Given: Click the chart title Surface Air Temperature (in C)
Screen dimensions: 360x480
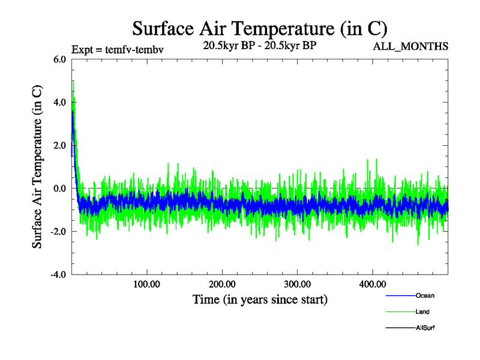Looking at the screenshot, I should (x=259, y=28).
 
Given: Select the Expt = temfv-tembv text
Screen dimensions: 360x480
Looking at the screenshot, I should (x=118, y=50).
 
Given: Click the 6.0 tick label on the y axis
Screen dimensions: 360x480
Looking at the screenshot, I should (x=61, y=59).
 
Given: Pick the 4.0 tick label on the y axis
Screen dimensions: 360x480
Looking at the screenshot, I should (x=61, y=103).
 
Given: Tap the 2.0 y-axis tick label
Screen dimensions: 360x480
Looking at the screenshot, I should (x=61, y=146).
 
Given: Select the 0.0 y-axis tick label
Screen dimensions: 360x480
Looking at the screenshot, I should (x=61, y=189).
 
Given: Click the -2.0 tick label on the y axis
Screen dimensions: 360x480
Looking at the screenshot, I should (x=59, y=232).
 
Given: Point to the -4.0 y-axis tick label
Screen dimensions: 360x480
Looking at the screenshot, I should (x=59, y=275).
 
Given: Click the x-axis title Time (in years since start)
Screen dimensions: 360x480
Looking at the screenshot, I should (x=260, y=299).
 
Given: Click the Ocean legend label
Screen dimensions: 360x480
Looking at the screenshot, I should (x=425, y=295).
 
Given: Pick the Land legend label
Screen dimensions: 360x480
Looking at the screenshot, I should (x=422, y=312).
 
